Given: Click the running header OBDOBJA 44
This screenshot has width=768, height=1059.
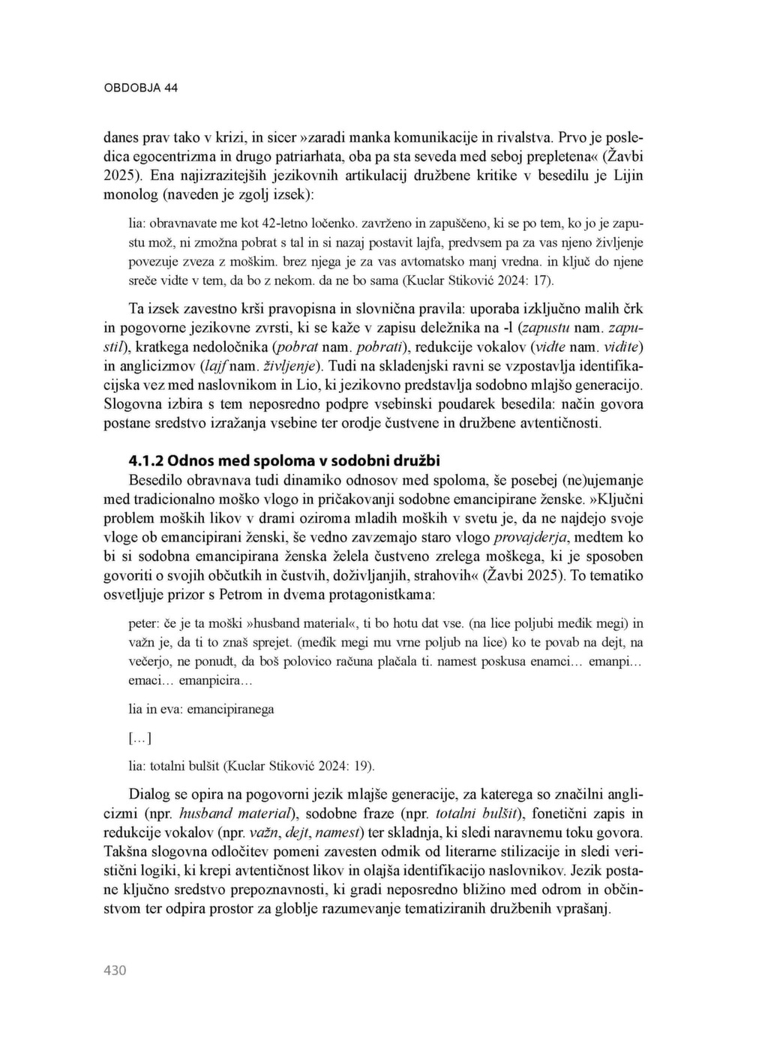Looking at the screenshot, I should (x=140, y=88).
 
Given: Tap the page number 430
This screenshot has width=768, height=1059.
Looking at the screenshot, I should (x=115, y=970).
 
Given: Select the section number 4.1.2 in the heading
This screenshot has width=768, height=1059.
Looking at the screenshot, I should (x=147, y=460).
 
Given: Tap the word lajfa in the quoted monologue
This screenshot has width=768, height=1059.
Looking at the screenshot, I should (x=416, y=243).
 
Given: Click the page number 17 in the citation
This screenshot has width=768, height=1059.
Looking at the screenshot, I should (x=543, y=281).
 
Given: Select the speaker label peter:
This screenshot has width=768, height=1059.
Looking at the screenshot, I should (x=144, y=623).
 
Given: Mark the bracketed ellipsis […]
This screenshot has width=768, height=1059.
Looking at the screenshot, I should (x=140, y=738).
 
